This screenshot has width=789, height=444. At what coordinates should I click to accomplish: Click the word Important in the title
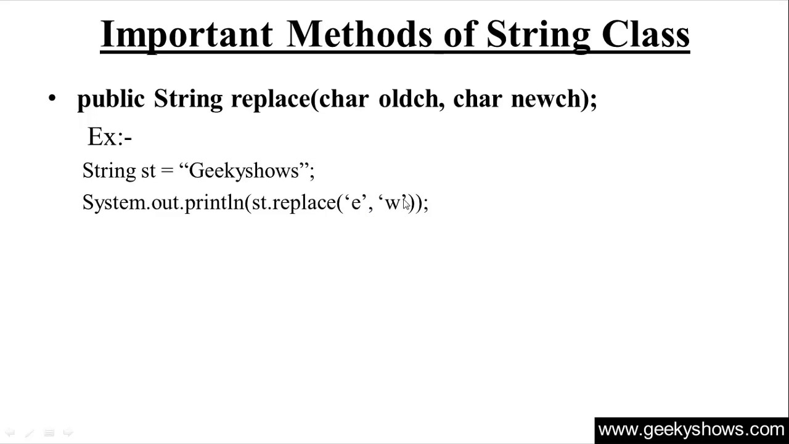pos(186,35)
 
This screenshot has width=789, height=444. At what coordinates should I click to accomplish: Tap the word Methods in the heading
pos(359,35)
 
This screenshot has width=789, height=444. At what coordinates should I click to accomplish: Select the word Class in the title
pos(645,35)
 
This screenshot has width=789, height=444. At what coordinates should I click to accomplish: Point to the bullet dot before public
pos(52,99)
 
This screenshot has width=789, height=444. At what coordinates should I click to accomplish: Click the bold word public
pos(111,99)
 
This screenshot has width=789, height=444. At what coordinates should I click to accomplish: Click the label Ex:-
pos(110,137)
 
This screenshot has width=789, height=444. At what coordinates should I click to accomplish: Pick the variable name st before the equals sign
pos(149,171)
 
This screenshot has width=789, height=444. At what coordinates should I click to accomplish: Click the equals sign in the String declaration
pos(166,171)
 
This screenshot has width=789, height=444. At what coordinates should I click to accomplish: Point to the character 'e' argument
pos(356,203)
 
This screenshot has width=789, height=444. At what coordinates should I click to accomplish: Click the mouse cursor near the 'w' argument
pos(406,204)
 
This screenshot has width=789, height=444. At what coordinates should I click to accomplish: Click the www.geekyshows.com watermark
pos(691,430)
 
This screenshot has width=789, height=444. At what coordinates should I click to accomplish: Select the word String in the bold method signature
pos(188,99)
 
